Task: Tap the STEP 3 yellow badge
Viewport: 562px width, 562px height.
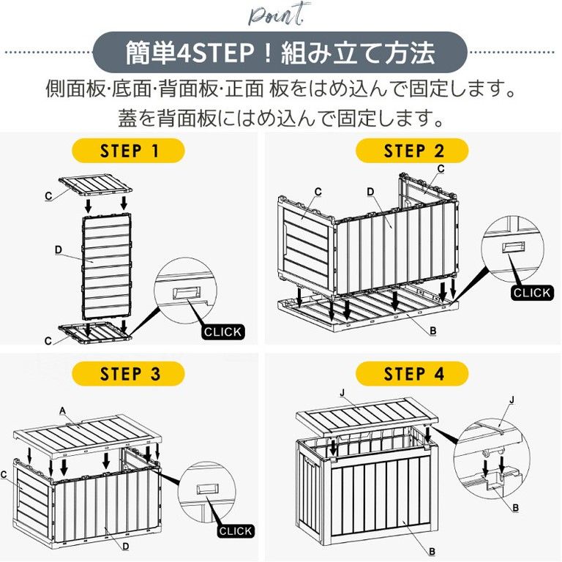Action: point(130,373)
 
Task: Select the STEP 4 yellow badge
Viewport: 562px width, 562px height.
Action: point(413,374)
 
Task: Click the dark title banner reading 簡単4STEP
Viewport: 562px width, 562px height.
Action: point(280,53)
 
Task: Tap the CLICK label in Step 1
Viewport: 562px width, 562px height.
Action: point(222,331)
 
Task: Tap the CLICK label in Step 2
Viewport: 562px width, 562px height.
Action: point(531,292)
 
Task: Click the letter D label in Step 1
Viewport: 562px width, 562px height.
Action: point(58,250)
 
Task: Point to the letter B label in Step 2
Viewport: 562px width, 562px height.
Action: point(433,331)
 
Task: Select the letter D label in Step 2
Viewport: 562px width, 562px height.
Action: point(370,191)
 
